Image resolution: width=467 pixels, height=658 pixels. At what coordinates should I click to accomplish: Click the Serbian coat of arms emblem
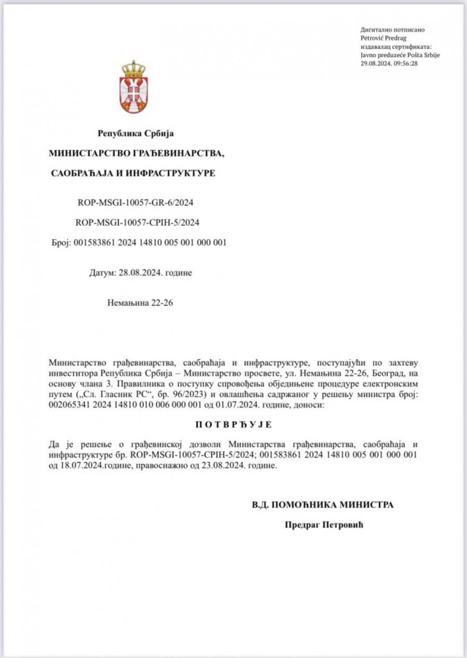tap(133, 88)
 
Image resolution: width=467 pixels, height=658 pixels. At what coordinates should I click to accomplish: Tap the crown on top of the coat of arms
tap(133, 69)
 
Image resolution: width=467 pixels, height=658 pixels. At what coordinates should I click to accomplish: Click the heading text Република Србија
tap(136, 134)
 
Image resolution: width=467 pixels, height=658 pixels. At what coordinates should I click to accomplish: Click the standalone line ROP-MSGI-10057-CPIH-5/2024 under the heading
tap(138, 222)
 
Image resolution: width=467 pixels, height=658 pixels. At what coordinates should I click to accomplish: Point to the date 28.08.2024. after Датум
tap(141, 273)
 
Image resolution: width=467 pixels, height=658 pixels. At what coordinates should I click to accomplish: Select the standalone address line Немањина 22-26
tap(140, 302)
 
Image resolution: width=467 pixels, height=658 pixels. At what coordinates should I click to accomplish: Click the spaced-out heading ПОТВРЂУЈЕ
tap(233, 425)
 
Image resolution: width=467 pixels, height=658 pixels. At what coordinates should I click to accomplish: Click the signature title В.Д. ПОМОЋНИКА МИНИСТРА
tap(323, 505)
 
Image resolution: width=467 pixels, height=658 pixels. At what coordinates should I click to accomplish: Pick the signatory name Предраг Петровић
tap(324, 525)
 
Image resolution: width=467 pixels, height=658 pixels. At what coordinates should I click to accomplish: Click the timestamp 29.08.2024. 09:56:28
tap(389, 63)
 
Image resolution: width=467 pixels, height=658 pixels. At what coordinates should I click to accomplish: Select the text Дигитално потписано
tap(390, 30)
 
